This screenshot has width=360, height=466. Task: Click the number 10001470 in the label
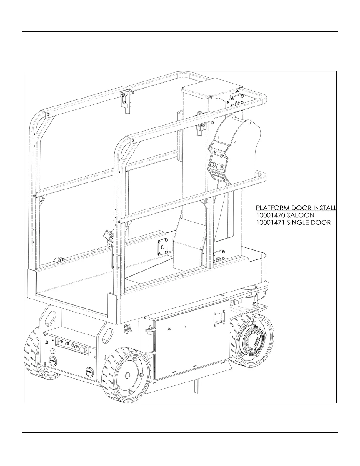click(269, 215)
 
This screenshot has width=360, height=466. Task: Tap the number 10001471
click(269, 222)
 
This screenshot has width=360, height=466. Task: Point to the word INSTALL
click(325, 208)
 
